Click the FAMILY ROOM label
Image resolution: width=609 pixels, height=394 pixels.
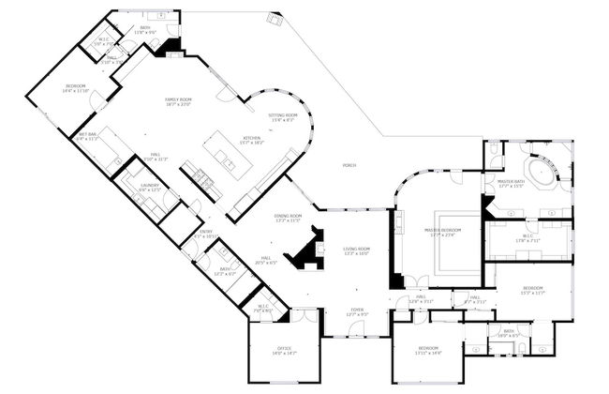click(178, 101)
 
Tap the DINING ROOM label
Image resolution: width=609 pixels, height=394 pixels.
click(288, 217)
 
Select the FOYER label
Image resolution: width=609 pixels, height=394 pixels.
click(357, 311)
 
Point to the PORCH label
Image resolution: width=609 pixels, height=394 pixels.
click(349, 165)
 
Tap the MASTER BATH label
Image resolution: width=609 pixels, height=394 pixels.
click(511, 183)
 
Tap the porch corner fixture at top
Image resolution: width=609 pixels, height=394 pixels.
click(275, 19)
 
